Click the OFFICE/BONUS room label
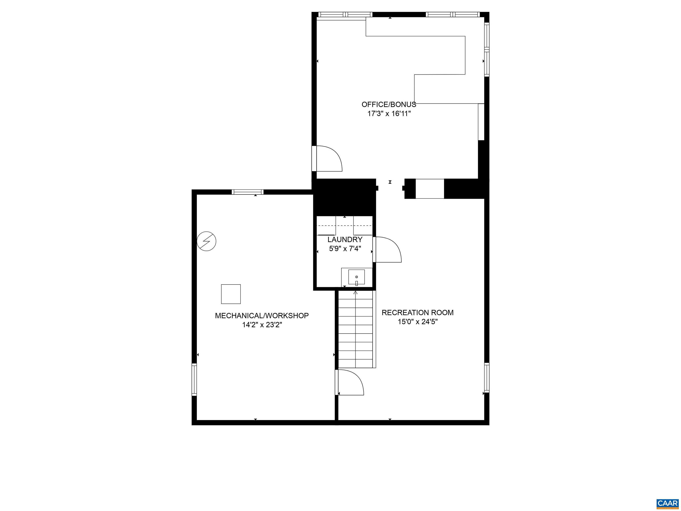[389, 104]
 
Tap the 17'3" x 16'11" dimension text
[389, 114]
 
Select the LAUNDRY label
[345, 239]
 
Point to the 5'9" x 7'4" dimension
[345, 249]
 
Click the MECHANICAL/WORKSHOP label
[262, 316]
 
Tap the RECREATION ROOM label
[417, 313]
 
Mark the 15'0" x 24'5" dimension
[417, 322]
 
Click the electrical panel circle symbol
[206, 241]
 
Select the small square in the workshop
[231, 294]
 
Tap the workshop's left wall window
[194, 379]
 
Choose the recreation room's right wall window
[487, 378]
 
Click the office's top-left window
[345, 14]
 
